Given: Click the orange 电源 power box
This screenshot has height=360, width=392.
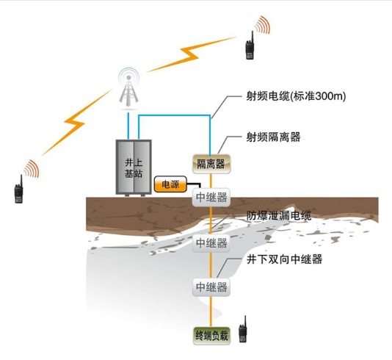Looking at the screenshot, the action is pos(170,184).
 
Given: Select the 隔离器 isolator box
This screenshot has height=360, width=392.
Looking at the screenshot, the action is pos(211,164).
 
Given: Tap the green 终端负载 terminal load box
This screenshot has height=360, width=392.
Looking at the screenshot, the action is pos(211,336).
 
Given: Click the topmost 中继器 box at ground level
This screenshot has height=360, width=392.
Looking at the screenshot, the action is pos(211,197).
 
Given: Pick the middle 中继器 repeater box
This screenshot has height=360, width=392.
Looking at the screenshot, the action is pos(211,243).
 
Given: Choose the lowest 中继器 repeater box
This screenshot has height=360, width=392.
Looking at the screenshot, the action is pos(211,287).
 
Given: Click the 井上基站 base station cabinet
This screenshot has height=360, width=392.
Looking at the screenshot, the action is pos(134,168).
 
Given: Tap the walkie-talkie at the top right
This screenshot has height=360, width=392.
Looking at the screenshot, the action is pos(250,46).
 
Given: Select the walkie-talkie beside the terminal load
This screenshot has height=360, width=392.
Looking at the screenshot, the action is pos(243,329).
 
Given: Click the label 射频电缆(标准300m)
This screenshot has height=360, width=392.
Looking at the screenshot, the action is pos(296,96).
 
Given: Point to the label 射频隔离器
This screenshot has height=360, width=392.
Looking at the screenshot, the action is pos(273,137).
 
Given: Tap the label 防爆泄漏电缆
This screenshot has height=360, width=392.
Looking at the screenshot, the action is pos(279,216).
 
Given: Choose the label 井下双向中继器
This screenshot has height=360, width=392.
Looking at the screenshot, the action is pos(284,259).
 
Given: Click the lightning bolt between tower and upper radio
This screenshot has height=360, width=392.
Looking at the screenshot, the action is pos(192,54).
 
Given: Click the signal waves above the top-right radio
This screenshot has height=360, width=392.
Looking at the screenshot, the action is pos(263,24).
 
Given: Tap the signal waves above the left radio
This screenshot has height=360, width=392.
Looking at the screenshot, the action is pos(32,169).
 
